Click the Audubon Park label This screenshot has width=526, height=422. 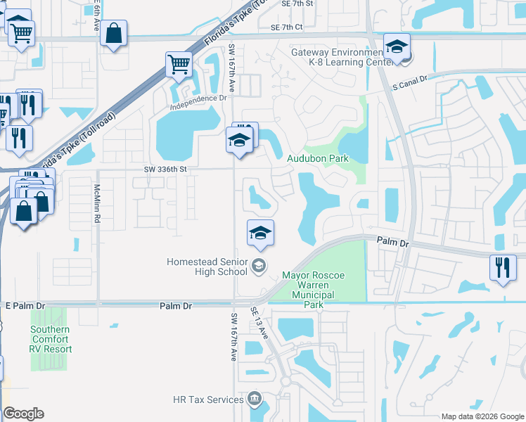[x=318, y=159]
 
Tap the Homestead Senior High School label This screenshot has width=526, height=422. [x=207, y=267]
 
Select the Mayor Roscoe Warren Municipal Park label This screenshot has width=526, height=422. [x=318, y=290]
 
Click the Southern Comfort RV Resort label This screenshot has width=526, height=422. [x=50, y=339]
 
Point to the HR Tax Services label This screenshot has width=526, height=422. [x=208, y=400]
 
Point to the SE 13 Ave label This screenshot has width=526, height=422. [x=259, y=323]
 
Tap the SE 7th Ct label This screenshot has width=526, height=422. [x=286, y=27]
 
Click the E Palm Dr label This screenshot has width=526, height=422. [x=25, y=307]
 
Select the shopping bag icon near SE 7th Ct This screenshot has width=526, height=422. [x=113, y=33]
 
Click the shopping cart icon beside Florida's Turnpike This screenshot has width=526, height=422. [x=179, y=65]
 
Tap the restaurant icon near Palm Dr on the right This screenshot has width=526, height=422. [x=502, y=267]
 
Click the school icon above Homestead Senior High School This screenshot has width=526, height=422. [x=260, y=233]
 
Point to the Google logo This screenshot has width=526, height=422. [x=23, y=414]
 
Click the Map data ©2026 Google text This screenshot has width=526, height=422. [x=482, y=416]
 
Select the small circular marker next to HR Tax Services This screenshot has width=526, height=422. [x=255, y=400]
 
